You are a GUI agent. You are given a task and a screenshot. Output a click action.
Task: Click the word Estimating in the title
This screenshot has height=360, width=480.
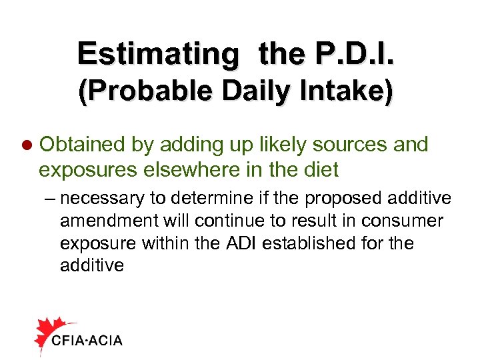point(156,53)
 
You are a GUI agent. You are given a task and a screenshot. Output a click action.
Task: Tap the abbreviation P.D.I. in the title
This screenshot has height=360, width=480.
point(357,53)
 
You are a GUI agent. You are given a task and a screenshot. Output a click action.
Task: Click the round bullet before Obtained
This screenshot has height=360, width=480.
point(27,145)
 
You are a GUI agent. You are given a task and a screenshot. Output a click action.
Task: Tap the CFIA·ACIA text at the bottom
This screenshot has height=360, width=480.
point(87,341)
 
